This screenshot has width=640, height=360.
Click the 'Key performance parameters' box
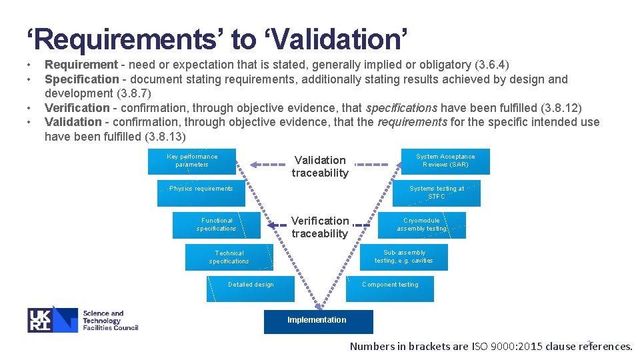click(192, 161)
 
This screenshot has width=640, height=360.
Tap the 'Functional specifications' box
click(216, 225)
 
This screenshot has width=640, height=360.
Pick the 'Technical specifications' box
click(229, 257)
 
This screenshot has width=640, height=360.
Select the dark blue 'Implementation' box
click(318, 321)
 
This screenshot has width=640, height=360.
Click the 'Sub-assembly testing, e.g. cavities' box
click(404, 257)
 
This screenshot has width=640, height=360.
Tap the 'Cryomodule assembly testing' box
click(422, 225)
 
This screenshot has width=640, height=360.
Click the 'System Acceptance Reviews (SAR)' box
click(445, 161)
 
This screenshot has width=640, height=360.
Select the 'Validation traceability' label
click(320, 167)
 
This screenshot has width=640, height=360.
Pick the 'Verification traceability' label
click(320, 227)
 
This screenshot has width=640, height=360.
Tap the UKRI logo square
click(53, 319)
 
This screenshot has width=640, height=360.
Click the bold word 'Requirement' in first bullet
click(80, 65)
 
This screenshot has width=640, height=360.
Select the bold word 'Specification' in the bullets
click(81, 79)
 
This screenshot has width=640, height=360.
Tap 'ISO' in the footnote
click(480, 346)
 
